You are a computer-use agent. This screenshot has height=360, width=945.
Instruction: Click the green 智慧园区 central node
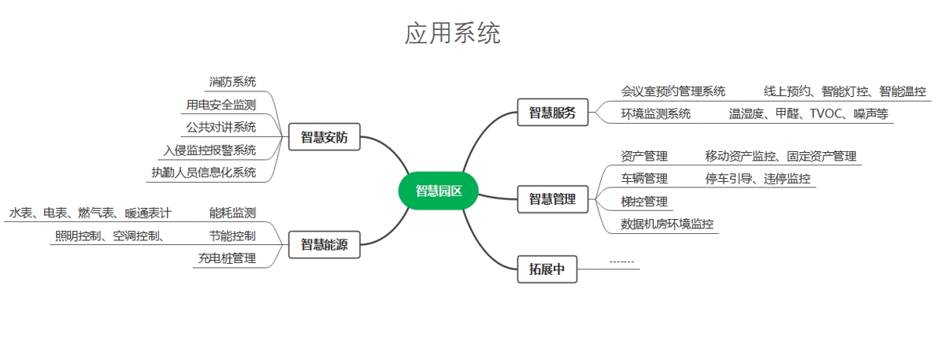438,190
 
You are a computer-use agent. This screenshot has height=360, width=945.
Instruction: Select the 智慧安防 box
324,138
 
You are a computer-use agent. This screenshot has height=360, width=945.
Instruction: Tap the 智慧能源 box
324,245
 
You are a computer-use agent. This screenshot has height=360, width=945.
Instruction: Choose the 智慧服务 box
552,113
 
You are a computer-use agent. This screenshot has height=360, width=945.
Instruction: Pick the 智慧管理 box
552,199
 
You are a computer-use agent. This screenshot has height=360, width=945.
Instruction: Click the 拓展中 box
547,269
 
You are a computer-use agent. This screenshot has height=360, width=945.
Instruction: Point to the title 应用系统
452,33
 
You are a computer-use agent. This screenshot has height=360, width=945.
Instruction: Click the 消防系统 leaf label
232,82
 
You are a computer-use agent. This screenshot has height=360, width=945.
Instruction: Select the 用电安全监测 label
220,105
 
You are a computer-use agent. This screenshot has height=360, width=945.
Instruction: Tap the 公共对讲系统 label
220,128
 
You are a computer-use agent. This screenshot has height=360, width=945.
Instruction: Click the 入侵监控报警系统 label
209,150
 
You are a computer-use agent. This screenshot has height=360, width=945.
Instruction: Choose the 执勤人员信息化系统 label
203,173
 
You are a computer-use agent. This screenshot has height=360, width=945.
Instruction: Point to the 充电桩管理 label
227,258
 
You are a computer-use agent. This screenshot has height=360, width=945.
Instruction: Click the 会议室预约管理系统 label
673,91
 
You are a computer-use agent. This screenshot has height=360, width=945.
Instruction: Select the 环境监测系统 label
655,113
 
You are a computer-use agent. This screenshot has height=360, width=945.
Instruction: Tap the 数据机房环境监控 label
667,224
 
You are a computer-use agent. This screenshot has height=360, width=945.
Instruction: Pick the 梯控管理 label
643,202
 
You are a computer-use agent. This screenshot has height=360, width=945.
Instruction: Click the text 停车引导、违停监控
758,179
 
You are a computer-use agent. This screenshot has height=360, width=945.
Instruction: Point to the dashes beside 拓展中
621,261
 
